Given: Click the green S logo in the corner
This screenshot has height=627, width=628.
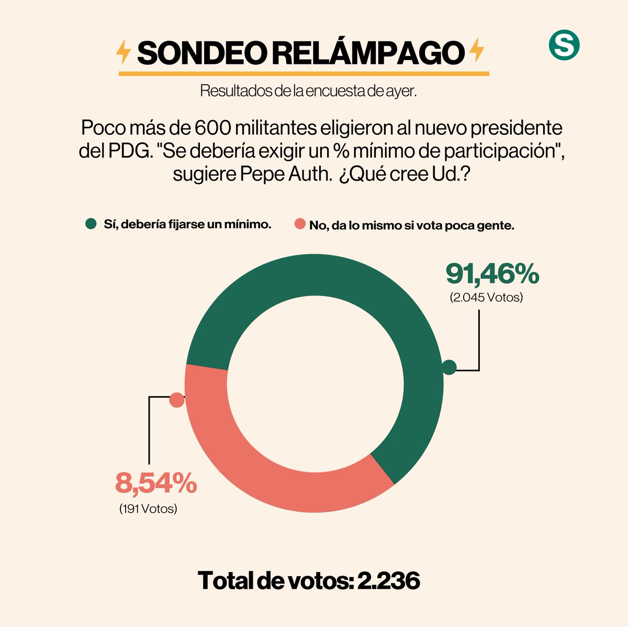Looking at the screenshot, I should (564, 46).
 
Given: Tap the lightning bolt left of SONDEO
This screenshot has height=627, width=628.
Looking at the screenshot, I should (123, 52).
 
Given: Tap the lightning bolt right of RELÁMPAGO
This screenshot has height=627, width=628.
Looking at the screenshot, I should (476, 51).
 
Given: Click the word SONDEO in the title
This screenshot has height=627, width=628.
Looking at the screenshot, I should (200, 52).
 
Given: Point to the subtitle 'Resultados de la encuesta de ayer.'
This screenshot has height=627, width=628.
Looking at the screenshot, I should (308, 91).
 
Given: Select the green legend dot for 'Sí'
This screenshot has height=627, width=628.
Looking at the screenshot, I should (91, 225).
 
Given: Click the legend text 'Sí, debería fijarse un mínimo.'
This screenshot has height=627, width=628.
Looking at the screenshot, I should (186, 225).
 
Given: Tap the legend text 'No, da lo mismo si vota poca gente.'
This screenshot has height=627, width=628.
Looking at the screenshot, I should (412, 226).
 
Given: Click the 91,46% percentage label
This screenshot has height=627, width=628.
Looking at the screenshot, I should (492, 274).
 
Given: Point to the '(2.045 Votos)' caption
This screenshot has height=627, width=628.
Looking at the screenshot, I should (486, 298).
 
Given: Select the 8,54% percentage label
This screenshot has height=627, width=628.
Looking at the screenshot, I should (155, 483).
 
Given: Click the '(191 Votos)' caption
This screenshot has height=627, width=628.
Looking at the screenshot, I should (148, 508).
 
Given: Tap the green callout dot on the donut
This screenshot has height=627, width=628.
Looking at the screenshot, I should (449, 367).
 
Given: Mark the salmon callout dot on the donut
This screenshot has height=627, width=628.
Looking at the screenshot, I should (177, 400).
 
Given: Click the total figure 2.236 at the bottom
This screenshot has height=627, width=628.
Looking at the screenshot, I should (388, 581).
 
